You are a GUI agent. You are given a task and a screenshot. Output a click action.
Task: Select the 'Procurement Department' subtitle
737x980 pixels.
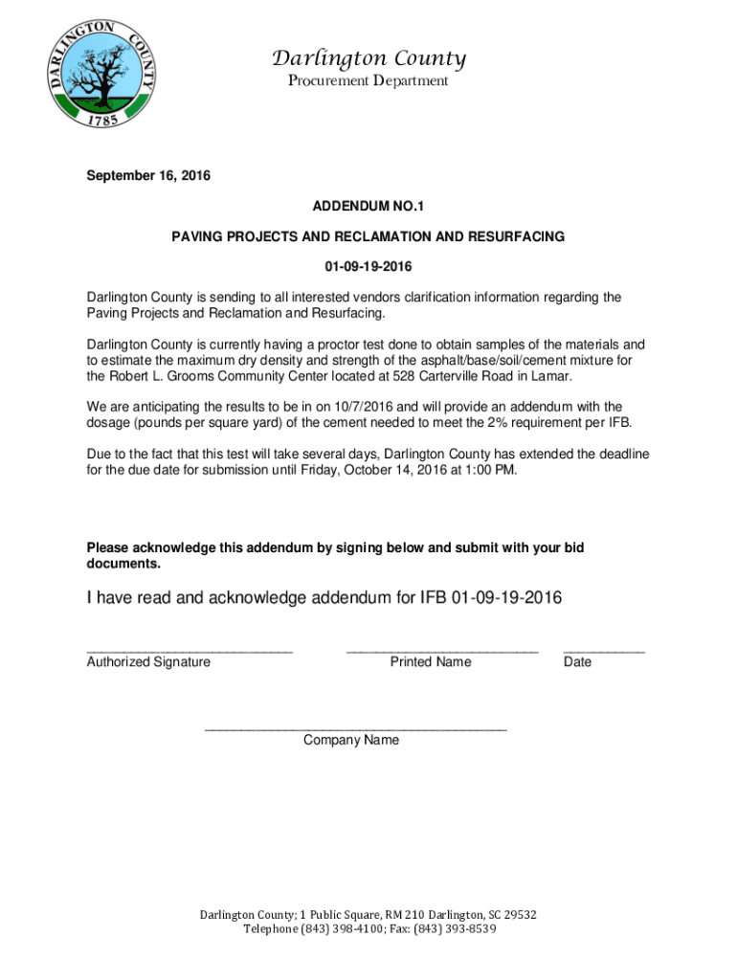pyautogui.click(x=368, y=81)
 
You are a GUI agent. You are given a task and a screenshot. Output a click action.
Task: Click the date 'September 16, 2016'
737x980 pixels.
pyautogui.click(x=148, y=176)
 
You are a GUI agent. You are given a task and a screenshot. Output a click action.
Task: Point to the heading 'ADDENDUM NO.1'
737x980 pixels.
pyautogui.click(x=368, y=206)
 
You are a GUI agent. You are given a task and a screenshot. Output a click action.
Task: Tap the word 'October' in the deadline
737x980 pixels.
pyautogui.click(x=370, y=470)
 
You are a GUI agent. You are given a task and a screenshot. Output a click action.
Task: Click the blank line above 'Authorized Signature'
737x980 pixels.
pyautogui.click(x=190, y=651)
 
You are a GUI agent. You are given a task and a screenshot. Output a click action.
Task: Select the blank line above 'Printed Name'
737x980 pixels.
pyautogui.click(x=442, y=651)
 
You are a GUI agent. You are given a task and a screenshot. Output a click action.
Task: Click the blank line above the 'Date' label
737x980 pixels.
pyautogui.click(x=604, y=651)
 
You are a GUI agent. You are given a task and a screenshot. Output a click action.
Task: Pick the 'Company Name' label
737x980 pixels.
pyautogui.click(x=351, y=740)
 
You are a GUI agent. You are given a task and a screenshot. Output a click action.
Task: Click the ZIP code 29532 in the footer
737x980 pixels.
pyautogui.click(x=517, y=915)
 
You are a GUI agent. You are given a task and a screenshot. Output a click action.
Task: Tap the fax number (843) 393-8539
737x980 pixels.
pyautogui.click(x=455, y=928)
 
